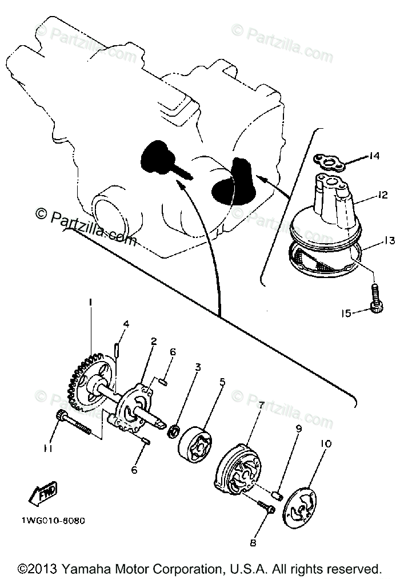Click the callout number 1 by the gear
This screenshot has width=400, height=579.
coord(90,302)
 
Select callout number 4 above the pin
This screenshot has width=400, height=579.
coord(126,324)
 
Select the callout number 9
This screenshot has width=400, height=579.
coord(298,428)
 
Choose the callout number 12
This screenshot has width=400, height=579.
coord(382,195)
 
